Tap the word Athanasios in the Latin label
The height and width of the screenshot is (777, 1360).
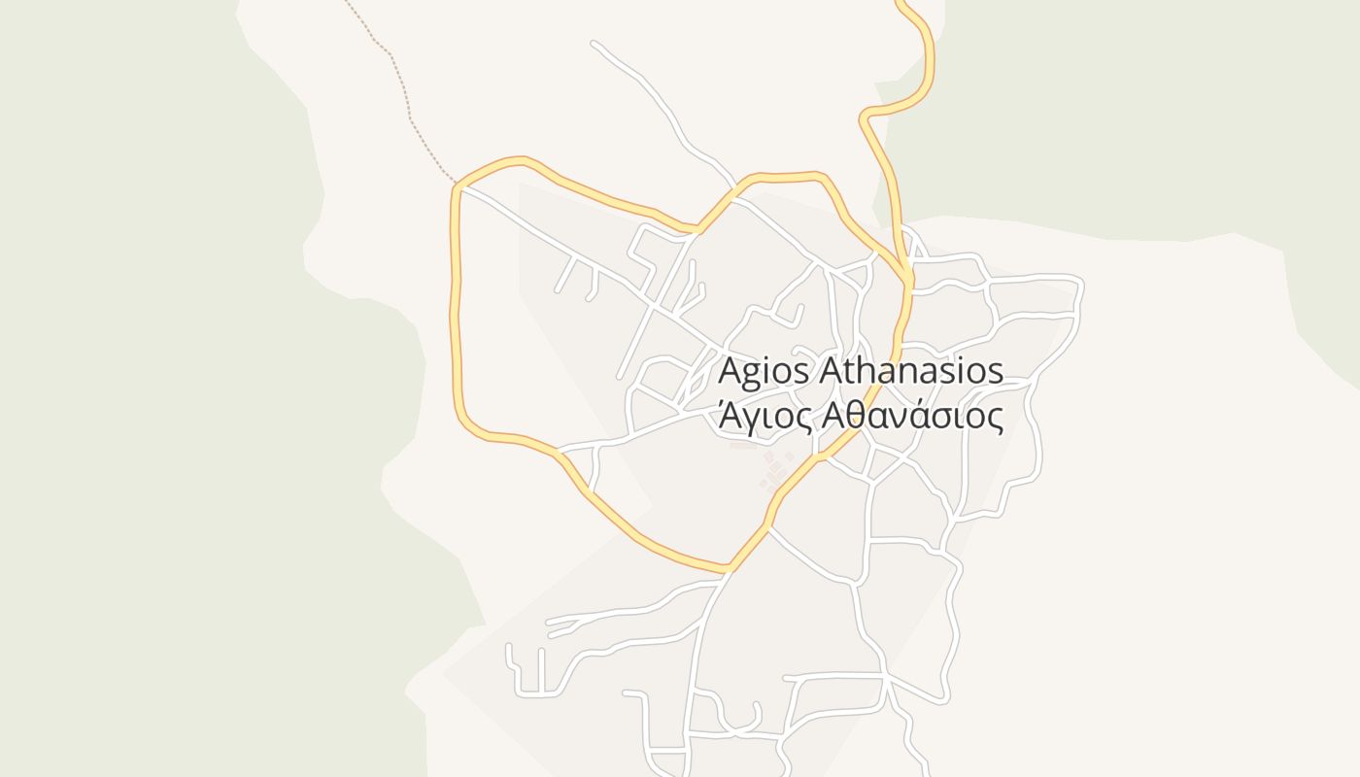[x=911, y=371]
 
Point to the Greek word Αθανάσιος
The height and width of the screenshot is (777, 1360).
[x=911, y=416]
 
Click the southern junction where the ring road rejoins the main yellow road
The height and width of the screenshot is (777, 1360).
[x=729, y=568]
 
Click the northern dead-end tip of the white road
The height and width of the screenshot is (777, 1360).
[x=594, y=43]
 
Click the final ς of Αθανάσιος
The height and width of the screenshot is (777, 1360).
[x=995, y=419]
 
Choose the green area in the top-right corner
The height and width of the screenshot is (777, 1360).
[x=1166, y=97]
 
